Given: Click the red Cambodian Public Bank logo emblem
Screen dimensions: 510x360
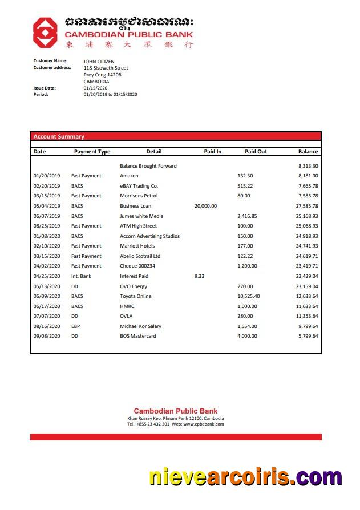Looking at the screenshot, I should click(45, 32).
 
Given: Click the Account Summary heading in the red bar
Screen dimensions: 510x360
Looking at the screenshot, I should click(59, 137).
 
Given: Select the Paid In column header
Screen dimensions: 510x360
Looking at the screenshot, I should click(212, 152).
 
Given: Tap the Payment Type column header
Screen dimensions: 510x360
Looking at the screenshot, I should click(92, 152).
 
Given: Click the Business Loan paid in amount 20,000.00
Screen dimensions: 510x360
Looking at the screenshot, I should click(205, 206).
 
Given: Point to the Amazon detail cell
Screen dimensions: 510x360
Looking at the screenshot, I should click(129, 176).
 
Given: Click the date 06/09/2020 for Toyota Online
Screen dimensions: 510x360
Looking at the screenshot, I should click(47, 296).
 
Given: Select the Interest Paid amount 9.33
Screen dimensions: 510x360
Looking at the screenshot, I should click(199, 276).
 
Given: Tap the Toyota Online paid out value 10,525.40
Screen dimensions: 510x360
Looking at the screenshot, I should click(248, 296).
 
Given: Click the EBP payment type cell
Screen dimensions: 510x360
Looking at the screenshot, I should click(76, 326).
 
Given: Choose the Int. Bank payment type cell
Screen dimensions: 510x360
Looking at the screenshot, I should click(81, 276).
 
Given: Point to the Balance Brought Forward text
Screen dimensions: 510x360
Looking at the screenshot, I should click(148, 166).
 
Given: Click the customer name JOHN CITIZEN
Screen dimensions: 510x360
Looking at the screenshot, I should click(99, 61).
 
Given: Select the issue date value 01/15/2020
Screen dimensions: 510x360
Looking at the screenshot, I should click(94, 88).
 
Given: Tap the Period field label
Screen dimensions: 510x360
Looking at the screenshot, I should click(41, 94).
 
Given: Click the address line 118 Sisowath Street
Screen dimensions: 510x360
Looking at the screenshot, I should click(106, 68).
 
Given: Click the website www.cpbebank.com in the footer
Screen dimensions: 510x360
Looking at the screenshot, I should click(204, 424).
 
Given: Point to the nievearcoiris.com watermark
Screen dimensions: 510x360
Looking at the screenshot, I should click(245, 477).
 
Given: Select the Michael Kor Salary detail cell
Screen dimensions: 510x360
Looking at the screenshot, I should click(140, 326).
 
